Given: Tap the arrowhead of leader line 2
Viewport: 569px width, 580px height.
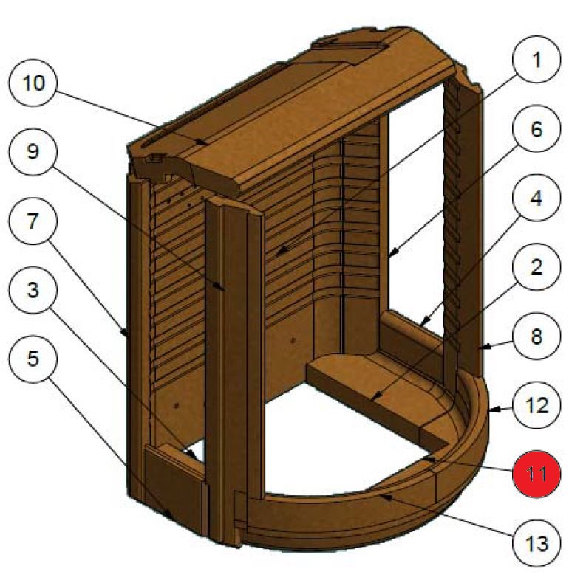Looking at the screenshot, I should [x=372, y=400].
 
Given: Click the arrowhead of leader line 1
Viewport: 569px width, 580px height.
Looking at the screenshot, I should [x=276, y=257].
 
